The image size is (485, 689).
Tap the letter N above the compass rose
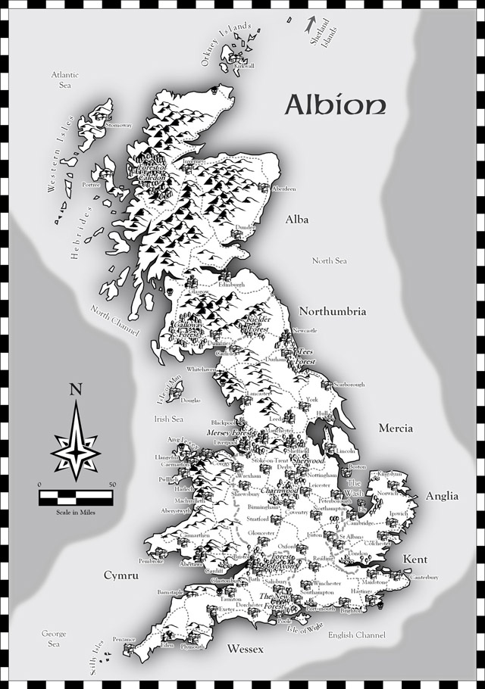75,391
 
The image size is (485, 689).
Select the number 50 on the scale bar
111,484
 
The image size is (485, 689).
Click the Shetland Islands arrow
309,23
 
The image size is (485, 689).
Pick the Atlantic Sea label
65,80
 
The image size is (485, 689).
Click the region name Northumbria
333,311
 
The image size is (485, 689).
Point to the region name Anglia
442,496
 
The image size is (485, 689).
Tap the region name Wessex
245,649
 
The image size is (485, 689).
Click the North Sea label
330,260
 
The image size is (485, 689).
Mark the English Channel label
357,634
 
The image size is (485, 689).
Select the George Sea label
54,638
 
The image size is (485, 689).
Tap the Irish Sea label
169,419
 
